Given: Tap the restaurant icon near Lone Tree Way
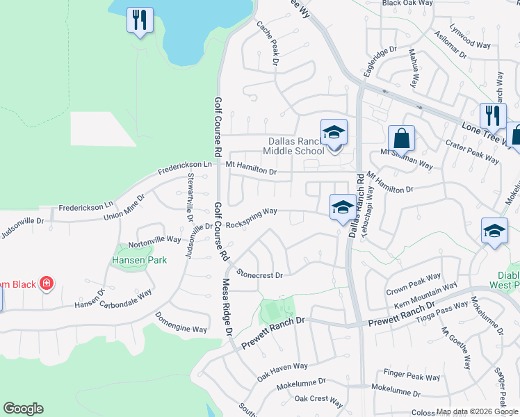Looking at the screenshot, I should point(493,115).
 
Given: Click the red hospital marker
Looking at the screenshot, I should point(47,284).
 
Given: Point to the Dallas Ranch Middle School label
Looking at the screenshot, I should point(296,146).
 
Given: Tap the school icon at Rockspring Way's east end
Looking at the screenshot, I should point(341,207).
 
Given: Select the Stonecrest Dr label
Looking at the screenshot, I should point(260,275).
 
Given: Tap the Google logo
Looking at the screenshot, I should point(23,409).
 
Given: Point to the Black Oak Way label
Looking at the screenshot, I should point(407,3).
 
